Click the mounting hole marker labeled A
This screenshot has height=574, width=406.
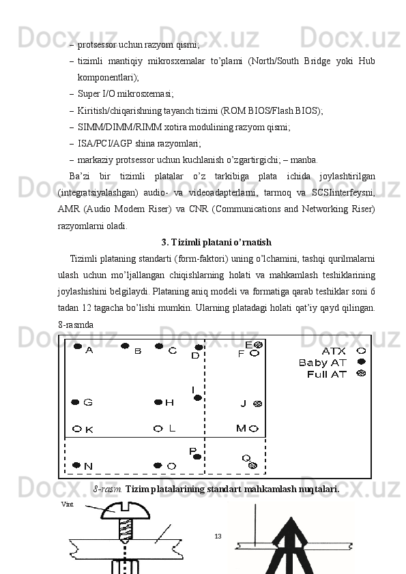77,346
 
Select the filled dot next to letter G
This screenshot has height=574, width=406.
75,402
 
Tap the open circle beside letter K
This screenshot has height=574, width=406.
77,429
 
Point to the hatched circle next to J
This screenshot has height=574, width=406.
258,404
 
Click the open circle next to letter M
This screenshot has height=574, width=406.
254,428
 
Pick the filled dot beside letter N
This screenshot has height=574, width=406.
76,466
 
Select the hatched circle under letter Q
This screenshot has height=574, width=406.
253,466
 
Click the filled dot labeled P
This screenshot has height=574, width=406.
197,457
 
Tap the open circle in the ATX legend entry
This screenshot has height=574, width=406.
361,350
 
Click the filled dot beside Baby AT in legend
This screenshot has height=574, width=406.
361,362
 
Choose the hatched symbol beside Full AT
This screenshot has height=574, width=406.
361,374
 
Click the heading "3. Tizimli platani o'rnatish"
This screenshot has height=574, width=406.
216,242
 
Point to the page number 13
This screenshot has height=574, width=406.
218,537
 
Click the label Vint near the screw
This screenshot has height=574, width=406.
68,504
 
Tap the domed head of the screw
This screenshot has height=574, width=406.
126,511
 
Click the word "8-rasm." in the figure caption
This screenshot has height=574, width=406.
108,489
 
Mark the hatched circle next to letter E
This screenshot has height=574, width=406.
259,345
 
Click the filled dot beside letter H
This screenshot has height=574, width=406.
158,402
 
